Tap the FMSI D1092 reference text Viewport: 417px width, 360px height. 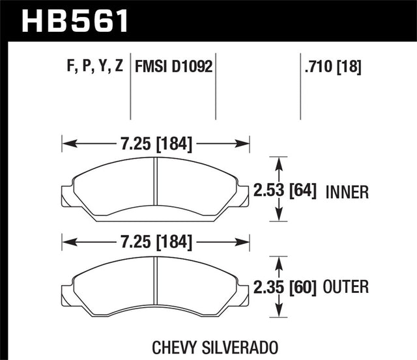tap(173, 66)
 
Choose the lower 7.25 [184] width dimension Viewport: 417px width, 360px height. tap(155, 243)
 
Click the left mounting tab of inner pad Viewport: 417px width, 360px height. tap(67, 195)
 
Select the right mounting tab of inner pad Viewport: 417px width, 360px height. tap(243, 195)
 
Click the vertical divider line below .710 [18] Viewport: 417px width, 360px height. tap(300, 98)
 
